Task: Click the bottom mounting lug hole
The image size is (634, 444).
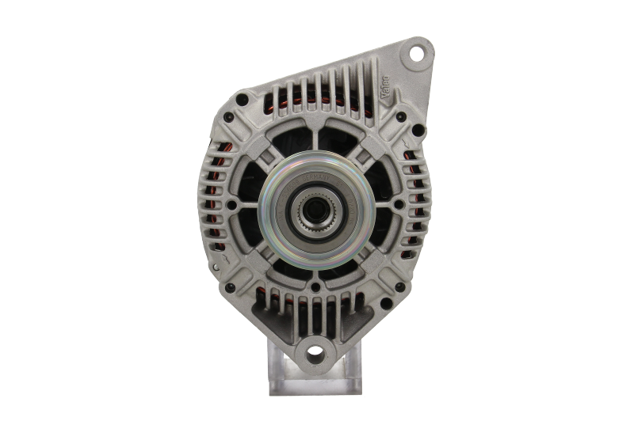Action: point(315,351)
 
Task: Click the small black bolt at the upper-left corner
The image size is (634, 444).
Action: point(230,117)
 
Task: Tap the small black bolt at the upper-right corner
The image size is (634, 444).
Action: point(401,117)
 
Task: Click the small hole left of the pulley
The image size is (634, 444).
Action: point(231,203)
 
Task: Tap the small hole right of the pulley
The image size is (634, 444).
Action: point(398,203)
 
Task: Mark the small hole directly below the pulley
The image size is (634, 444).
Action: point(315,287)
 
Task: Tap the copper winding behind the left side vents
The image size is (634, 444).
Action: point(212,198)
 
